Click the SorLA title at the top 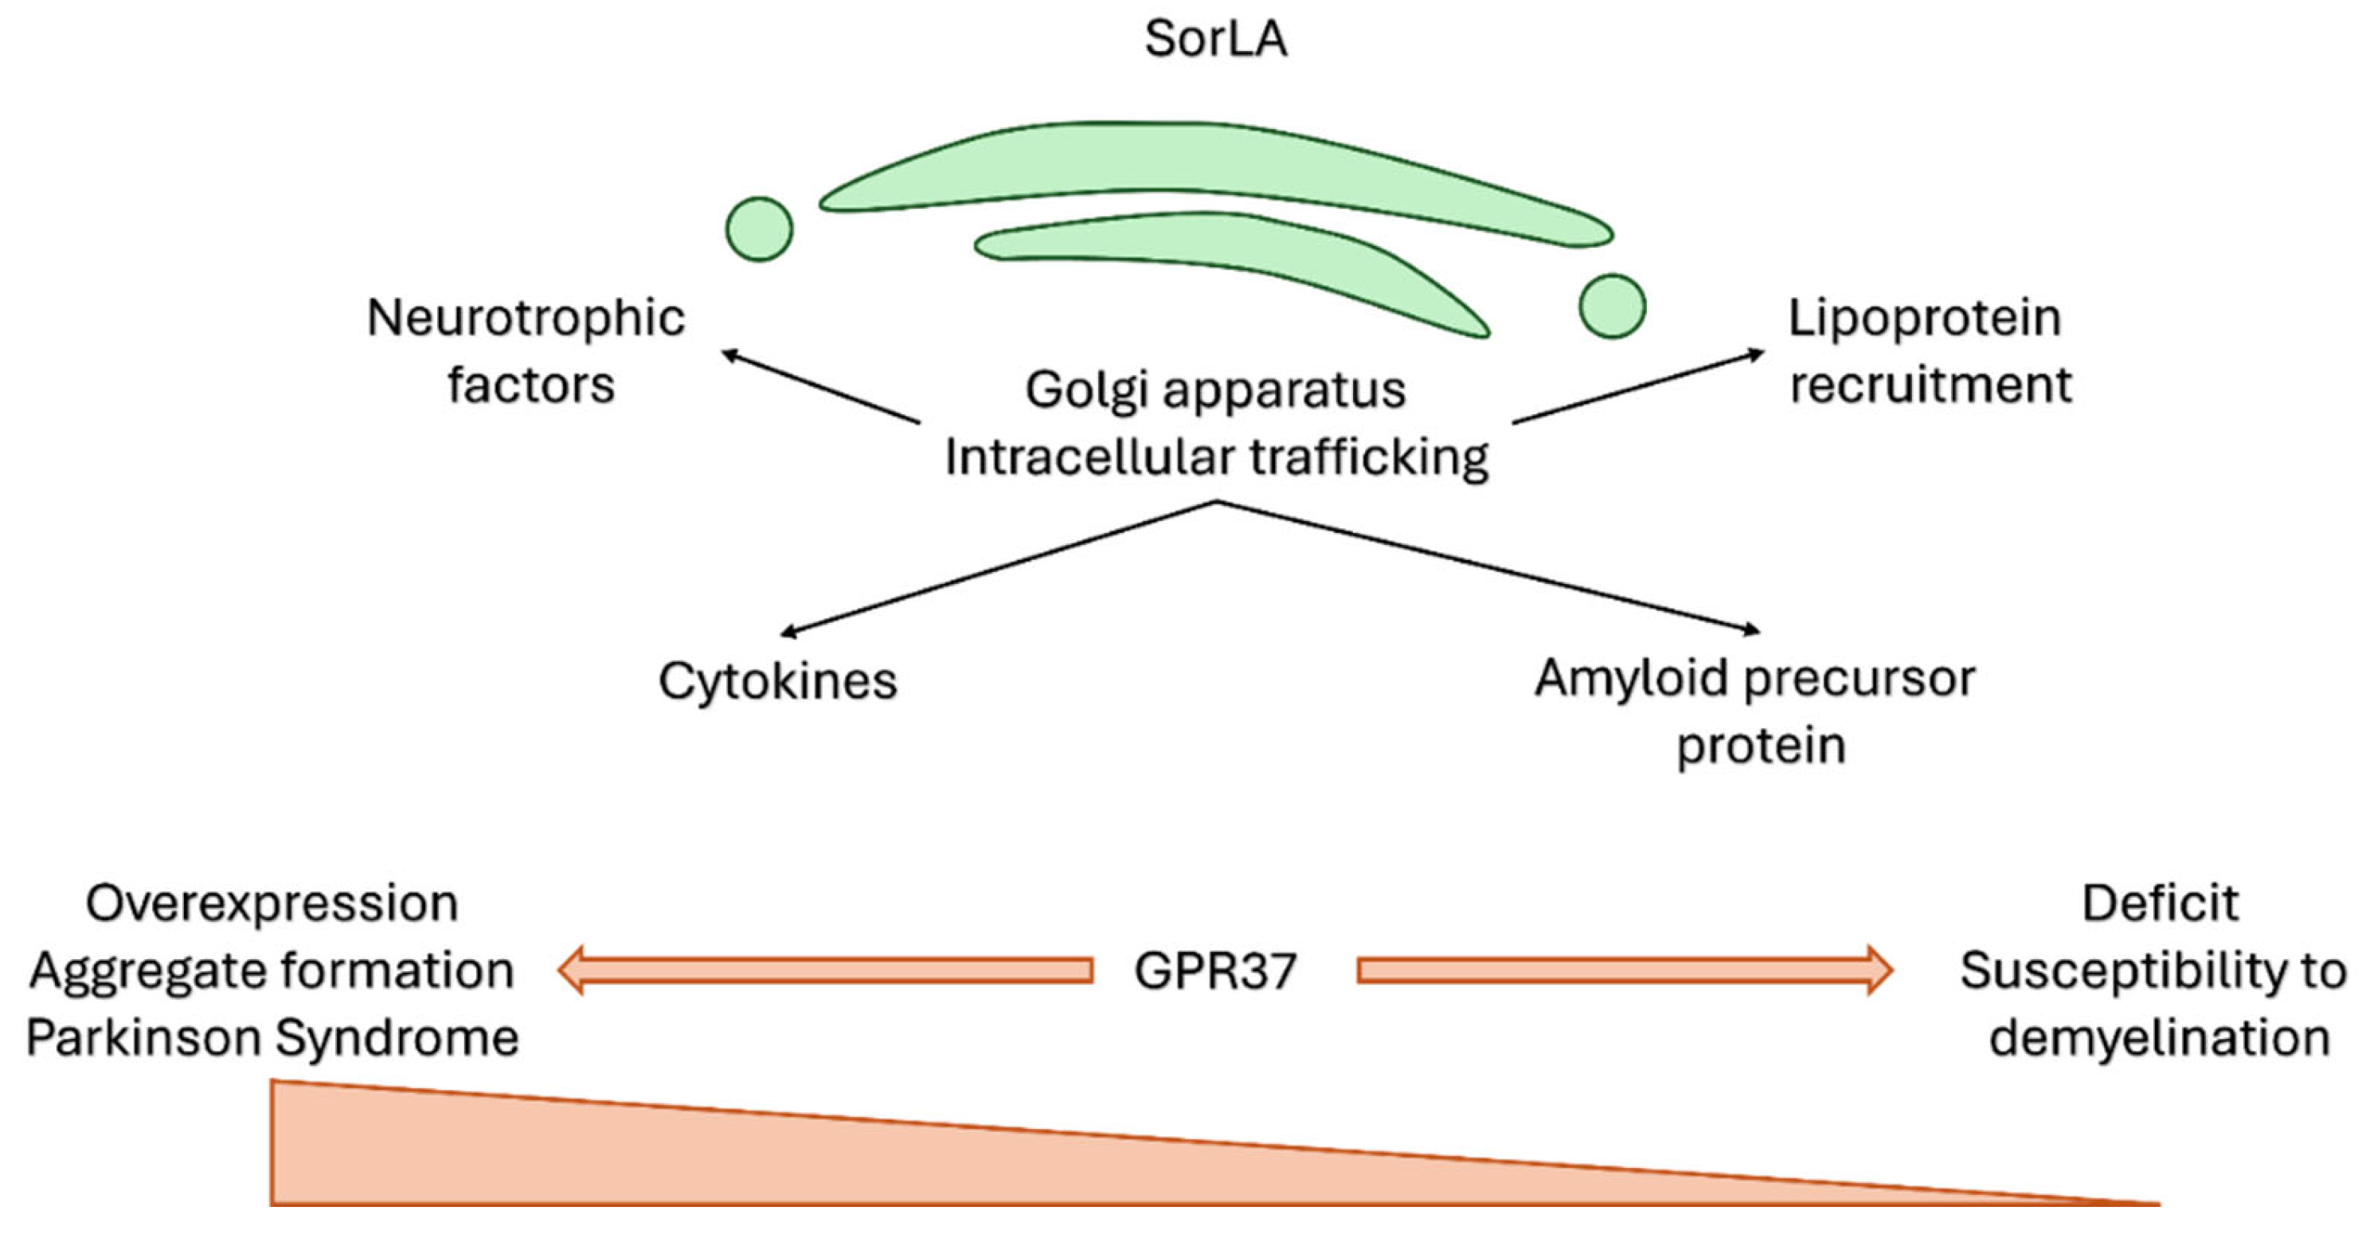point(1214,39)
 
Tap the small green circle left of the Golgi point(758,229)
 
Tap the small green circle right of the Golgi point(1611,306)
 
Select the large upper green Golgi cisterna point(1198,166)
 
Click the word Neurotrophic point(526,319)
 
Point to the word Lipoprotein point(1924,319)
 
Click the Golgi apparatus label point(1214,390)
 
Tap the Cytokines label point(777,682)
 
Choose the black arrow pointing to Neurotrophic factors point(820,387)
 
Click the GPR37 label point(1214,971)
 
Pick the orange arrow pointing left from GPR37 point(825,970)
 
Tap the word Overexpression point(272,904)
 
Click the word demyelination point(2159,1039)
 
